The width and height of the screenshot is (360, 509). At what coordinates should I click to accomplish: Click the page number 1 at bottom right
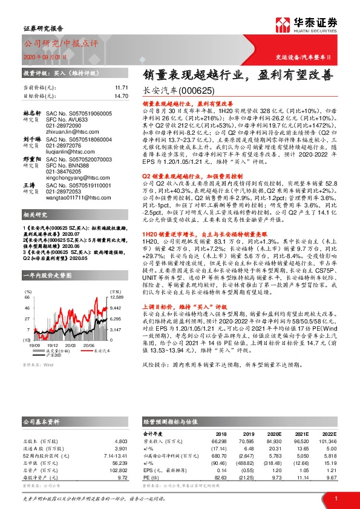coord(335,499)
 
